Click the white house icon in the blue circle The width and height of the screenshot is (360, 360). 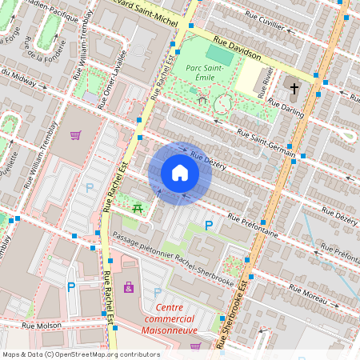[x=180, y=173]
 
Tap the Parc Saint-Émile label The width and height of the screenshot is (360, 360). [x=210, y=74]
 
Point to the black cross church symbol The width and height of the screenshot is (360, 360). [x=294, y=88]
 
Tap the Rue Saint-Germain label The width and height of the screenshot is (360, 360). [x=265, y=142]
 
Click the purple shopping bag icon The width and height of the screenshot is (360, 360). [x=128, y=286]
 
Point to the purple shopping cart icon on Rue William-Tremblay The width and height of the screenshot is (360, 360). [x=75, y=134]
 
